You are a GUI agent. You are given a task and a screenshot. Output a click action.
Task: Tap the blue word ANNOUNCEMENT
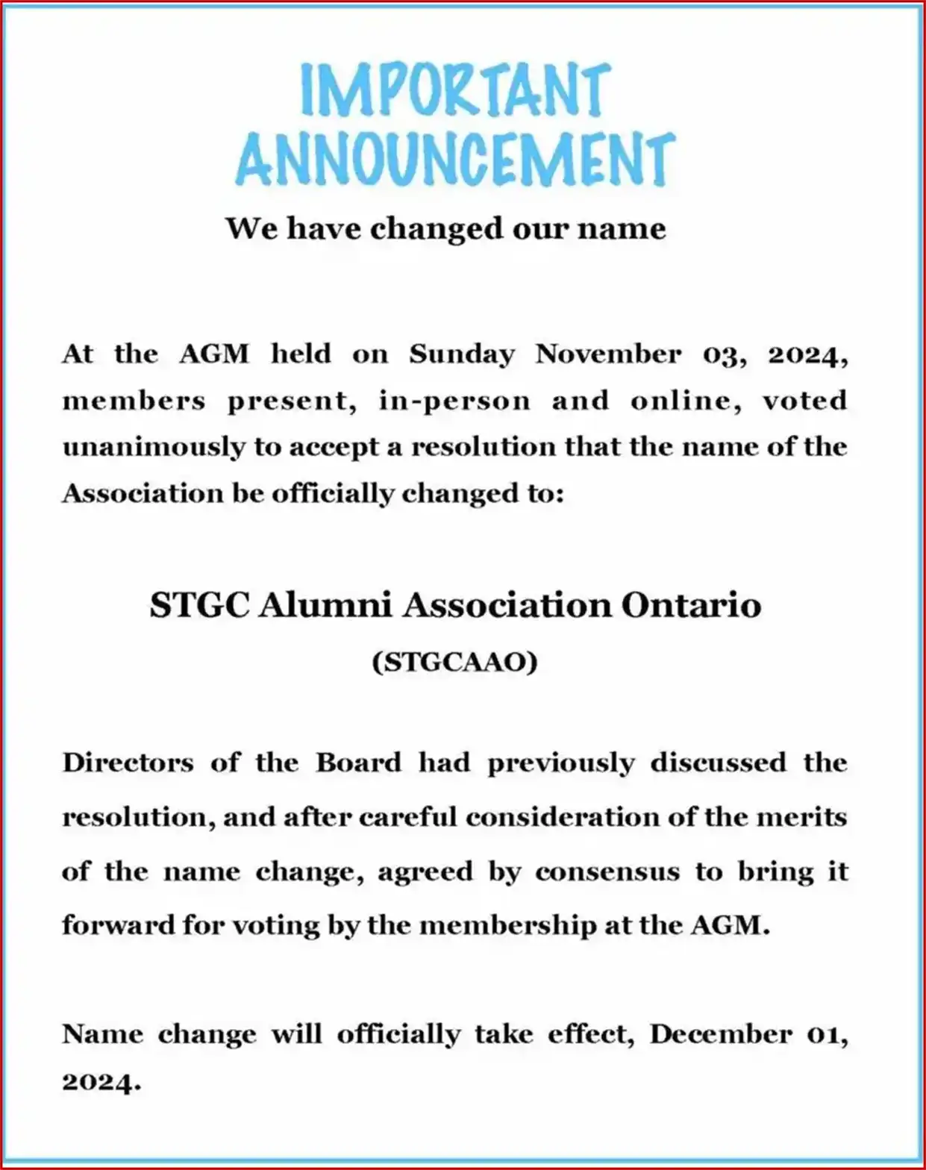(455, 159)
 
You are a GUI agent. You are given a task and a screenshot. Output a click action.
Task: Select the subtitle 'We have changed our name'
(445, 228)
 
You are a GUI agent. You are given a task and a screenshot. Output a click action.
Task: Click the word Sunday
(461, 354)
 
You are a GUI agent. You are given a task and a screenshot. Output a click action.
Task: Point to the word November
(607, 354)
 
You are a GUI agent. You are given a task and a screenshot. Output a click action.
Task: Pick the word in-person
(454, 401)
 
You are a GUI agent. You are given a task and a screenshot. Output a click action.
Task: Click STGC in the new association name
(199, 604)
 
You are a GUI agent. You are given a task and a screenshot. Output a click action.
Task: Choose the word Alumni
(325, 604)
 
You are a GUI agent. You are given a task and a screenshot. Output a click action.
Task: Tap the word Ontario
(691, 604)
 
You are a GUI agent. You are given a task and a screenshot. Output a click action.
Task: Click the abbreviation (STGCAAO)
(454, 662)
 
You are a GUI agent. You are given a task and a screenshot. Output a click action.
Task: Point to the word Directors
(128, 763)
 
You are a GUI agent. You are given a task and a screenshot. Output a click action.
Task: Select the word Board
(358, 763)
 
